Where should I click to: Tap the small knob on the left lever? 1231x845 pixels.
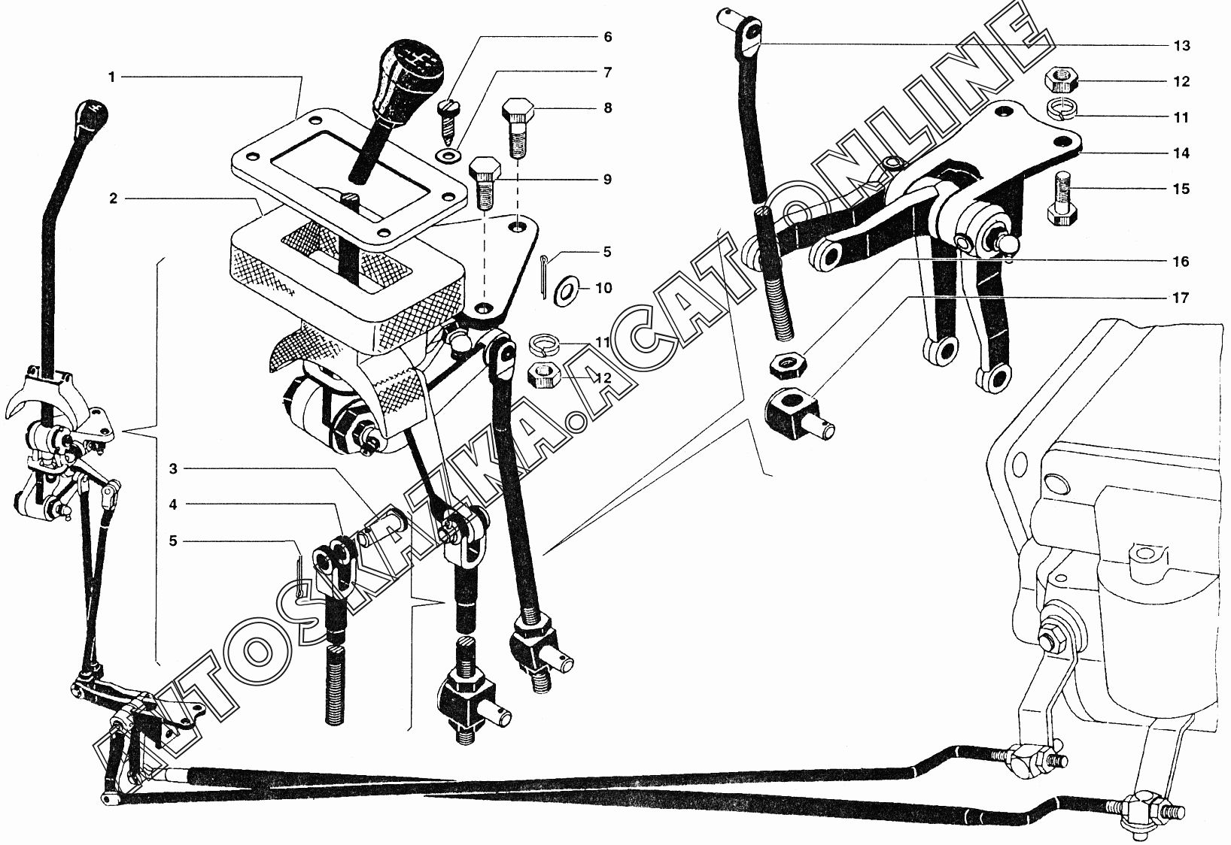click(93, 114)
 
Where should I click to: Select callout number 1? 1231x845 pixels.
click(112, 77)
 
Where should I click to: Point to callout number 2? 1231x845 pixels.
click(114, 198)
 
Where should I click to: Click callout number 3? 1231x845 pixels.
click(173, 469)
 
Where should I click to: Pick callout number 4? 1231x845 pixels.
click(173, 505)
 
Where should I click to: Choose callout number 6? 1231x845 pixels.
click(608, 37)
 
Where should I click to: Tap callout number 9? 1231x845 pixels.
click(608, 179)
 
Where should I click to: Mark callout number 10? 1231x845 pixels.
click(604, 288)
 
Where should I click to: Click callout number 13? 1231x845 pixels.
click(1181, 46)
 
